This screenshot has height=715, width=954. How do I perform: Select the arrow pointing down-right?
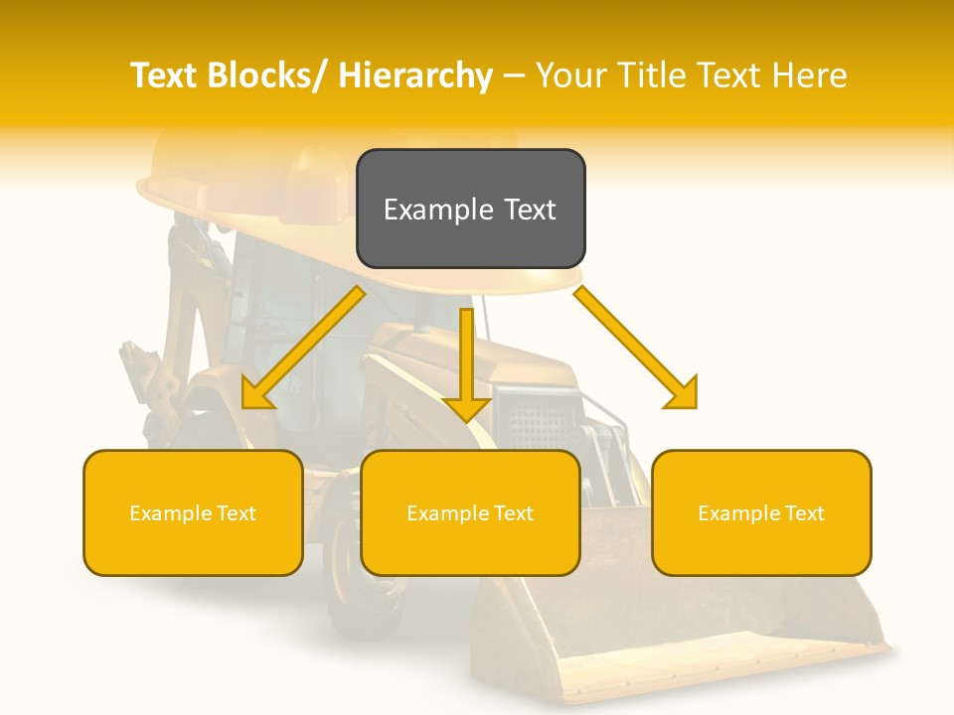point(637,349)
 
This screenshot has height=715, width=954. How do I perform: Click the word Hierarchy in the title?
point(415,76)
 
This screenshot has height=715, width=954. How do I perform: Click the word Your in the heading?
point(572,76)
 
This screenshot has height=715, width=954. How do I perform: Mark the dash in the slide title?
point(514,76)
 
